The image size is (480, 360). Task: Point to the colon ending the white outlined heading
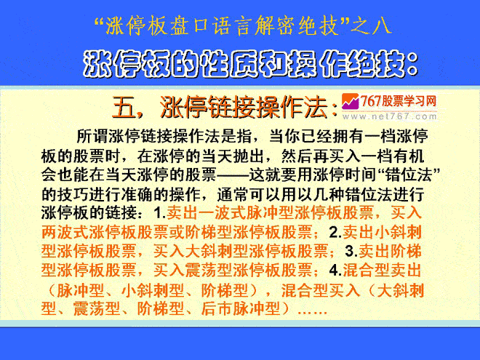pyautogui.click(x=412, y=65)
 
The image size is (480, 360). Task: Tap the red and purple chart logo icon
pyautogui.click(x=351, y=101)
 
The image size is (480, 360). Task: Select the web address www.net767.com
pyautogui.click(x=390, y=116)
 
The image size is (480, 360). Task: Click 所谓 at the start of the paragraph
pyautogui.click(x=92, y=136)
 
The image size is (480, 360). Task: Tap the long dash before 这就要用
pyautogui.click(x=232, y=175)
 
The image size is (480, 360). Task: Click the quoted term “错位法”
pyautogui.click(x=409, y=175)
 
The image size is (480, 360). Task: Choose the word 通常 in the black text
pyautogui.click(x=232, y=194)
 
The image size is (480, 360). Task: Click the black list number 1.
pyautogui.click(x=160, y=213)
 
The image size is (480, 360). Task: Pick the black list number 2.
pyautogui.click(x=335, y=232)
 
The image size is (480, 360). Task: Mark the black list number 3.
pyautogui.click(x=351, y=252)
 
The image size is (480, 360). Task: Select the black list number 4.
pyautogui.click(x=335, y=271)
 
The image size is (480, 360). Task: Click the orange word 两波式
pyautogui.click(x=65, y=232)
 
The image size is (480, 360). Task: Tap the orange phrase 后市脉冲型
pyautogui.click(x=241, y=308)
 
